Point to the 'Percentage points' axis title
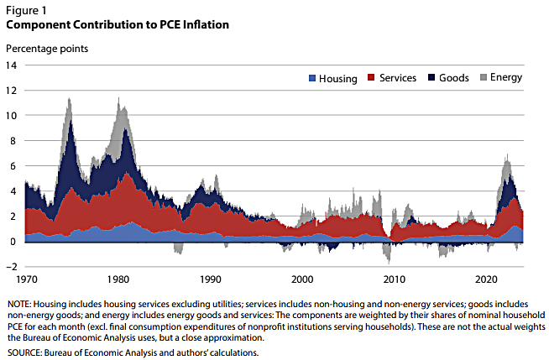coord(47,48)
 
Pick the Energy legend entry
coord(500,78)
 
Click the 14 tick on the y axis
coord(12,65)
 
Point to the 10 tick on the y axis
coord(12,115)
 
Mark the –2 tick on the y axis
coord(12,266)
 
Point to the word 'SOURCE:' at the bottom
coord(26,353)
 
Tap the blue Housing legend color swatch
coord(311,78)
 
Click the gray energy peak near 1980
coord(118,104)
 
